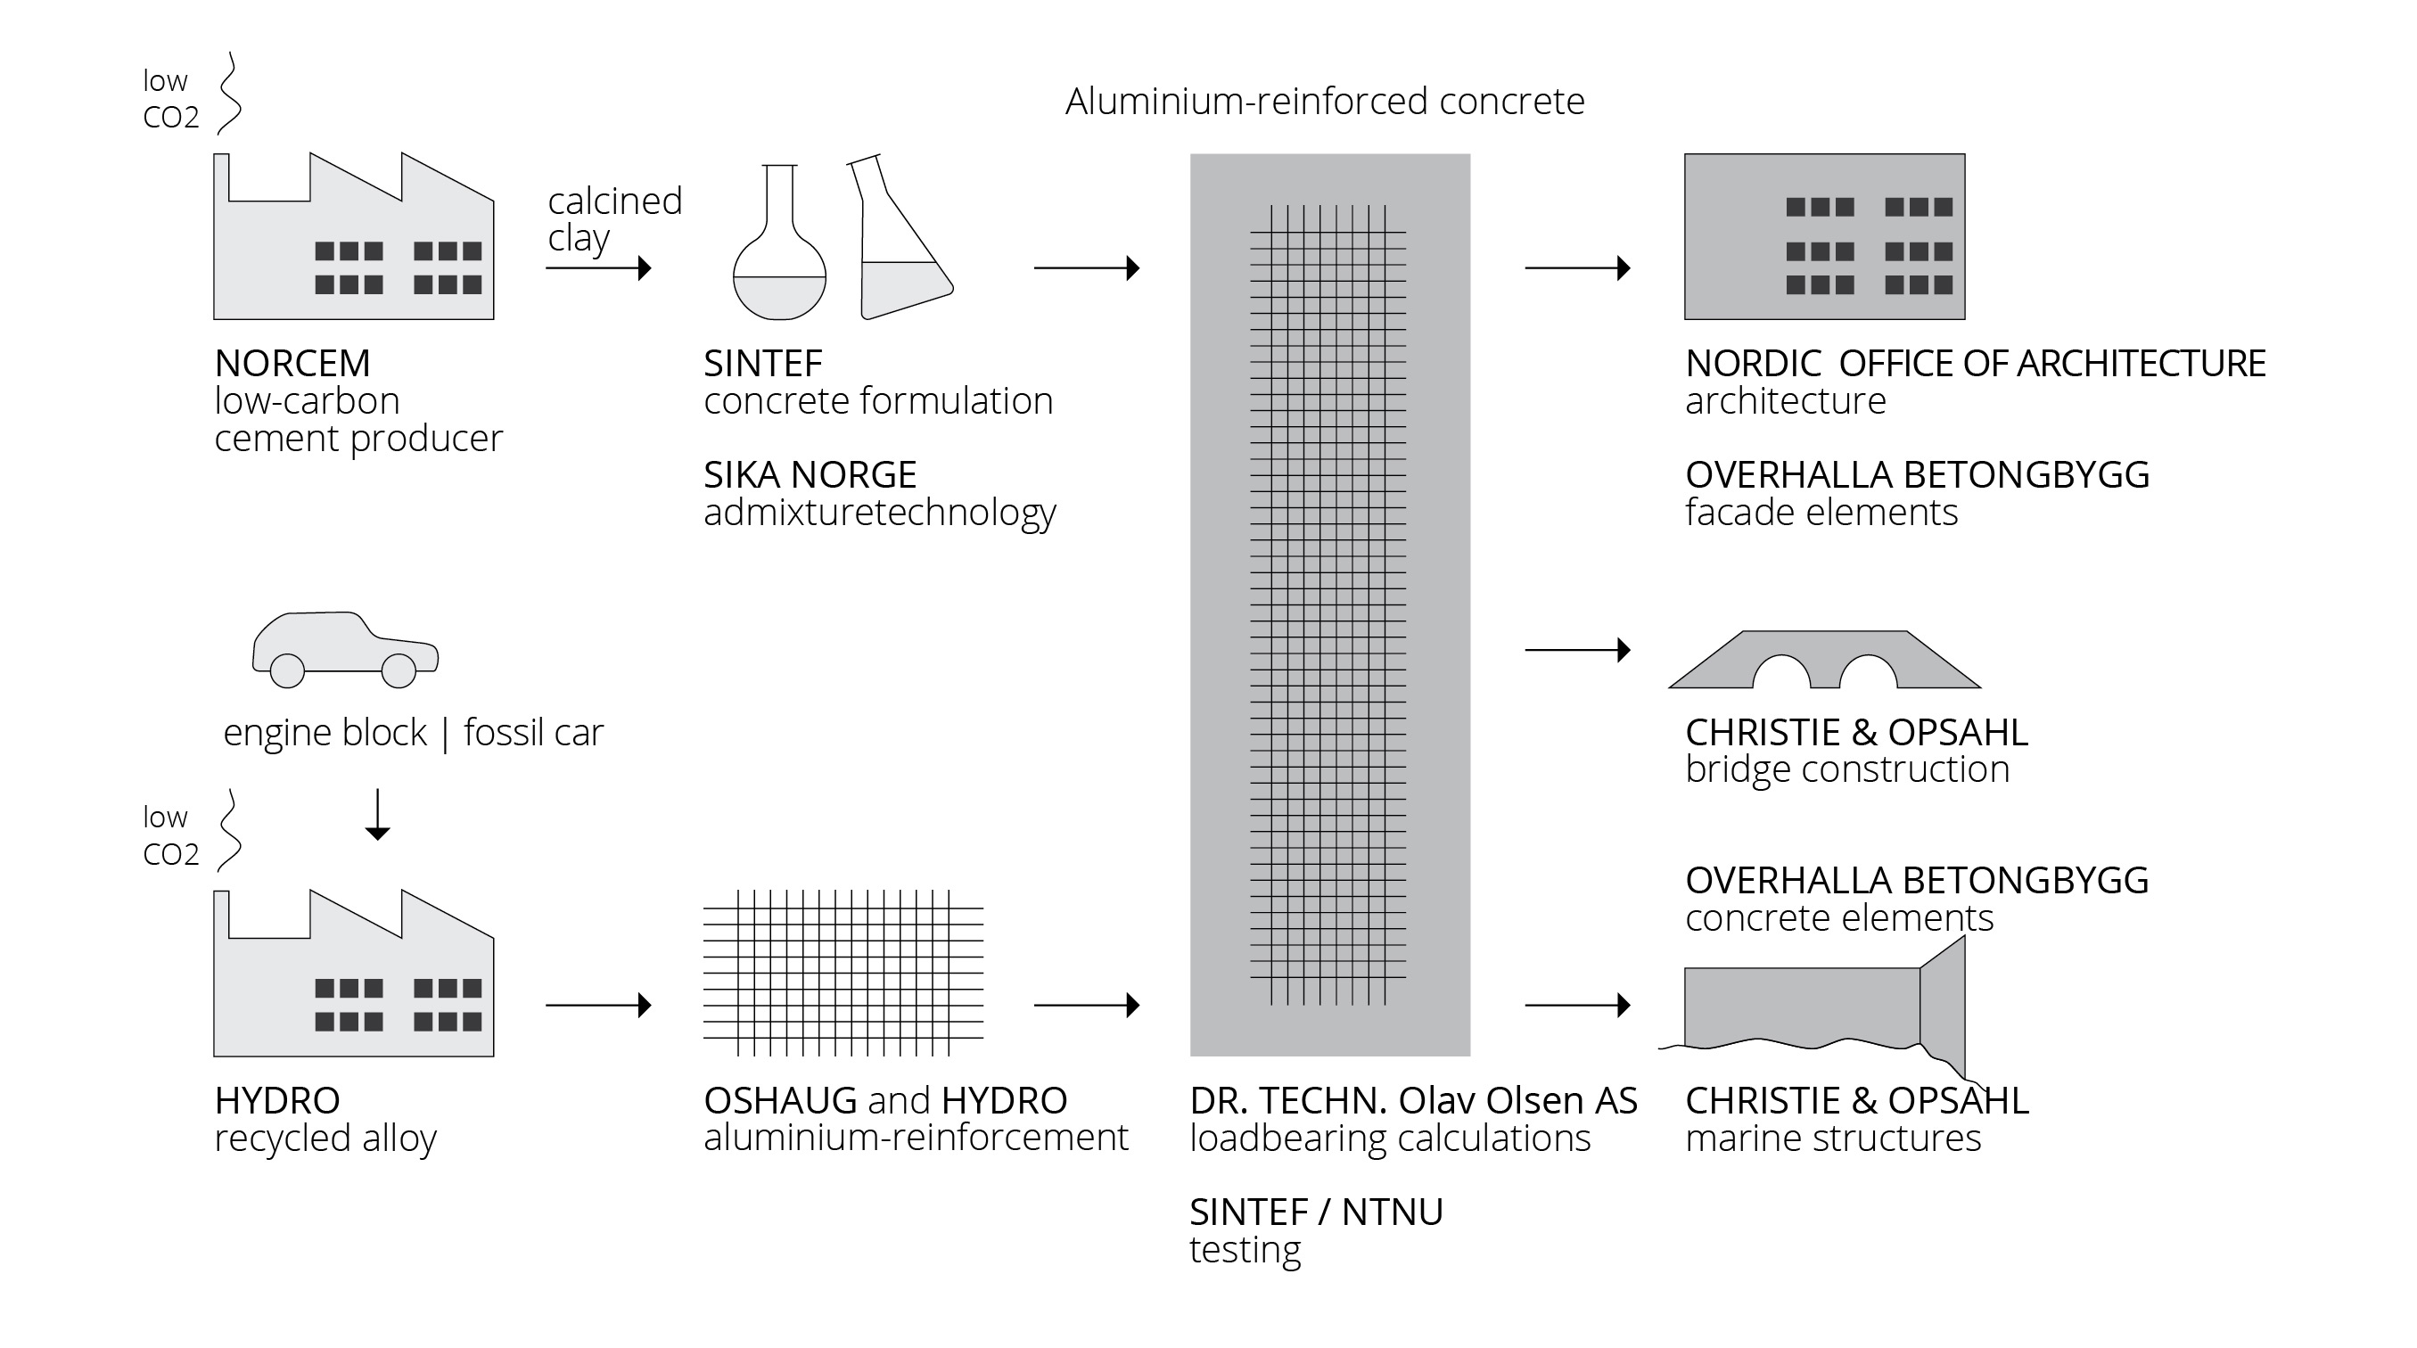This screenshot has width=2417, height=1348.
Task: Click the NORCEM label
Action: [x=292, y=363]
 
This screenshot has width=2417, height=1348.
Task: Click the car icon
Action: [x=344, y=648]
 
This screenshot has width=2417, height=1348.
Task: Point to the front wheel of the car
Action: [x=399, y=670]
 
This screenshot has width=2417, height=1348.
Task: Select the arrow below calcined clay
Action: [x=598, y=268]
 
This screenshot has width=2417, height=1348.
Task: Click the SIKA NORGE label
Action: [x=810, y=474]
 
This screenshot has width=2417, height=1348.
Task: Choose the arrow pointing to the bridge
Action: [x=1577, y=649]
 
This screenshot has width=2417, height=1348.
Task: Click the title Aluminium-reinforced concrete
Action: [x=1324, y=102]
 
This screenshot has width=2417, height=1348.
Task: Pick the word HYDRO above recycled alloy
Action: [x=276, y=1100]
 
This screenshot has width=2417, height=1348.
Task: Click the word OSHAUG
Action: [x=780, y=1100]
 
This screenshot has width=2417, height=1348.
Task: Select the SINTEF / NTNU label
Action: [x=1315, y=1212]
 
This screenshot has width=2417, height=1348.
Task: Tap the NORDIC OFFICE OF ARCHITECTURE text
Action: [x=1975, y=363]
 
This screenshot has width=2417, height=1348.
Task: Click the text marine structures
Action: [x=1832, y=1138]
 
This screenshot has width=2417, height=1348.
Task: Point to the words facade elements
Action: [x=1821, y=512]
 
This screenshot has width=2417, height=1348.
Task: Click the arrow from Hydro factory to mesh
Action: [x=598, y=1006]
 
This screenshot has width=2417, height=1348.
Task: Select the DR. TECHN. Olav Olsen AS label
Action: [x=1413, y=1100]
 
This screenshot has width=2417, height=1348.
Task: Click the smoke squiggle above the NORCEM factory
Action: [x=229, y=94]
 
